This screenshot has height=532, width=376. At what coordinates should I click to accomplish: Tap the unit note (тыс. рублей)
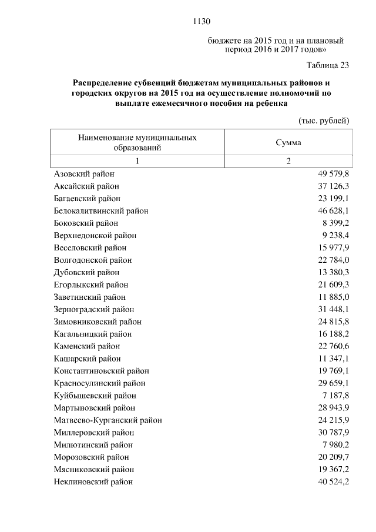pyautogui.click(x=324, y=121)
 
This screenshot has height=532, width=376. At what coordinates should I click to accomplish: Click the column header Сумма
pyautogui.click(x=288, y=142)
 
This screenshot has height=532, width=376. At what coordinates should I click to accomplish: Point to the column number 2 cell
pyautogui.click(x=288, y=162)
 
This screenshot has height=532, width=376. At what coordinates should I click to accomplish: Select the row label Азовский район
pyautogui.click(x=84, y=174)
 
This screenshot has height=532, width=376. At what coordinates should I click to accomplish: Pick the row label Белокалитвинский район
pyautogui.click(x=100, y=210)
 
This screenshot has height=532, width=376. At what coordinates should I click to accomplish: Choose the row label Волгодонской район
pyautogui.click(x=92, y=260)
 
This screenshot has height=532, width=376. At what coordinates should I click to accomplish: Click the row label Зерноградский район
pyautogui.click(x=94, y=309)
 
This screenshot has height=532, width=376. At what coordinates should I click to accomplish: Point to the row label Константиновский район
pyautogui.click(x=101, y=371)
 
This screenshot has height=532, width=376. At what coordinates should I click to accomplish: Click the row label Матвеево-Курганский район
pyautogui.click(x=108, y=420)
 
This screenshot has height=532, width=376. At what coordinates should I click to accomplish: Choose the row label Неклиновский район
pyautogui.click(x=93, y=481)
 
